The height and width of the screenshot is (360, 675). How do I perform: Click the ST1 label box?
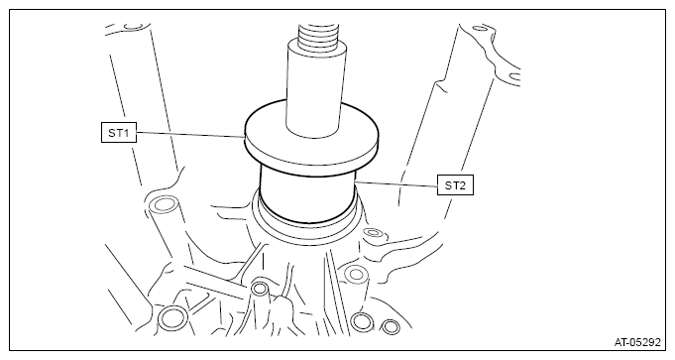pyautogui.click(x=119, y=133)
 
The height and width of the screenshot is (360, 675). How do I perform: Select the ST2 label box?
pyautogui.click(x=455, y=185)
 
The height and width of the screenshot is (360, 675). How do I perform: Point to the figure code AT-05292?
pyautogui.click(x=636, y=342)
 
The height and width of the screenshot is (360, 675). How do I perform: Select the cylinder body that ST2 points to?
pyautogui.click(x=308, y=193)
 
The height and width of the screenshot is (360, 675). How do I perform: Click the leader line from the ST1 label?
pyautogui.click(x=190, y=135)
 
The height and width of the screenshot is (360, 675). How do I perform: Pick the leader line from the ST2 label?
pyautogui.click(x=396, y=183)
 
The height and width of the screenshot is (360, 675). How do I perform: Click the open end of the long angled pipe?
pyautogui.click(x=164, y=203)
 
